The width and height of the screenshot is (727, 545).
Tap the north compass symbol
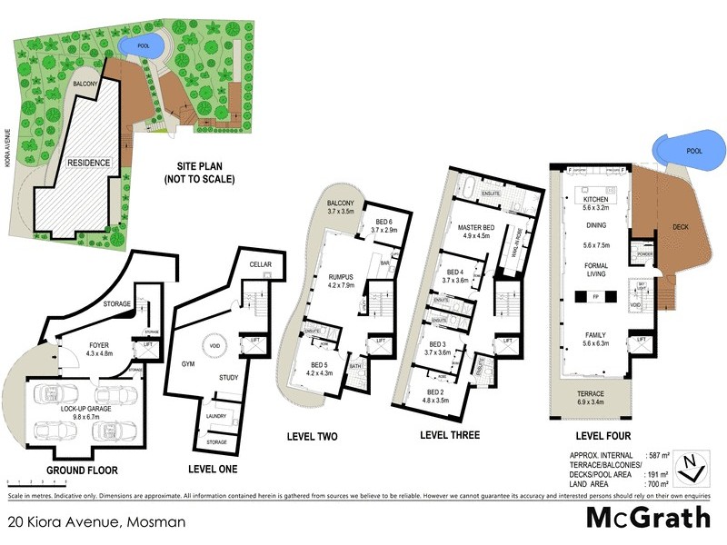point(693,466)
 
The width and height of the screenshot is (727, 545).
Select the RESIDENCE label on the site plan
point(88,163)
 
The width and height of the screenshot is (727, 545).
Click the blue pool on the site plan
point(143,44)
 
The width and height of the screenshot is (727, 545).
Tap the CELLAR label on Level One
point(262,264)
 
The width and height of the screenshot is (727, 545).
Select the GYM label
point(189,361)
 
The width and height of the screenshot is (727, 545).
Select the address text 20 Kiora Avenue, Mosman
point(95,522)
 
